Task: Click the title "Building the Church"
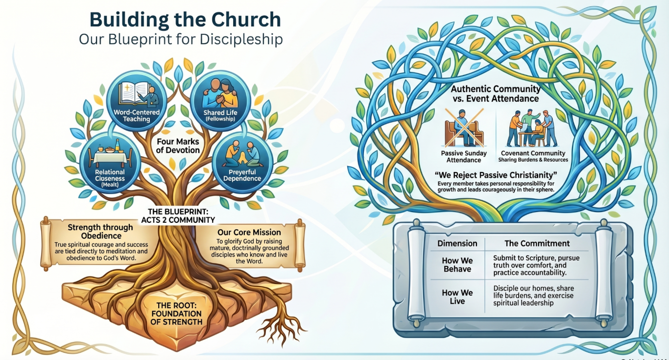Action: click(185, 20)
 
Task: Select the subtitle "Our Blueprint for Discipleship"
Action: click(181, 40)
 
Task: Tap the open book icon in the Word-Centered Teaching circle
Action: click(133, 93)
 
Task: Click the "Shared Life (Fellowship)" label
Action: click(220, 115)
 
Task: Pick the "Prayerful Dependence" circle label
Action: click(242, 175)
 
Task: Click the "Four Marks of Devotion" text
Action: click(178, 146)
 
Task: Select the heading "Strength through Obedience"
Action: click(101, 232)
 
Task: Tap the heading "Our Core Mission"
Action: click(249, 233)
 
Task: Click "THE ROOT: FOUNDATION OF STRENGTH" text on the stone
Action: click(176, 313)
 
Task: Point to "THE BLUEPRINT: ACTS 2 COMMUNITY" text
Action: click(178, 216)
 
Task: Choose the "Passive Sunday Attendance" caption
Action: click(464, 157)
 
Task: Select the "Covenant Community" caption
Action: click(533, 153)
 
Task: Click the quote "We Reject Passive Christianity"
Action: click(496, 175)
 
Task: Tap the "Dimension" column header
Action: click(457, 243)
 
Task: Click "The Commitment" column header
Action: click(537, 243)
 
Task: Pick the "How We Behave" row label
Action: click(457, 264)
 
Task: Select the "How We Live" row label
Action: click(457, 297)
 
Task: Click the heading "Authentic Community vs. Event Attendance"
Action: click(496, 94)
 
